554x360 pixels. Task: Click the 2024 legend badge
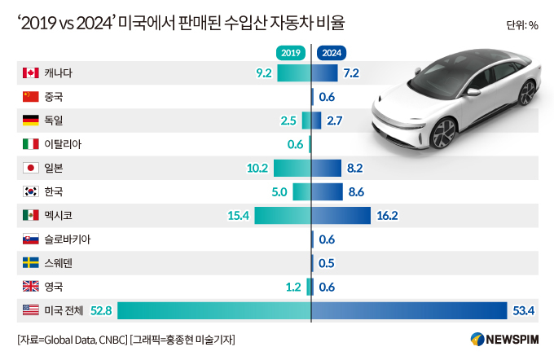pos(332,53)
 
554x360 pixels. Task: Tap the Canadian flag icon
pos(31,73)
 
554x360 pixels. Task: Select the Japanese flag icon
pos(31,168)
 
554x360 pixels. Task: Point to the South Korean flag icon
pos(31,191)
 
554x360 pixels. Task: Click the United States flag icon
pos(31,310)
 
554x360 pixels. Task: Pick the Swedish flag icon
pos(31,262)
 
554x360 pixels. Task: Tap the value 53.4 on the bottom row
pos(523,310)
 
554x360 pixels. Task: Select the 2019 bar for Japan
pos(292,168)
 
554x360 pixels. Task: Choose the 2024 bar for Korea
pos(328,191)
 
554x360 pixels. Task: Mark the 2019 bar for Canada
pos(294,73)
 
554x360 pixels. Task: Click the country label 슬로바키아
pos(68,239)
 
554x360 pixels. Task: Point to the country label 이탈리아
pos(63,144)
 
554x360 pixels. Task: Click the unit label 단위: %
pos(521,25)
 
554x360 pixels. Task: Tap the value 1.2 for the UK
pos(293,286)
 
